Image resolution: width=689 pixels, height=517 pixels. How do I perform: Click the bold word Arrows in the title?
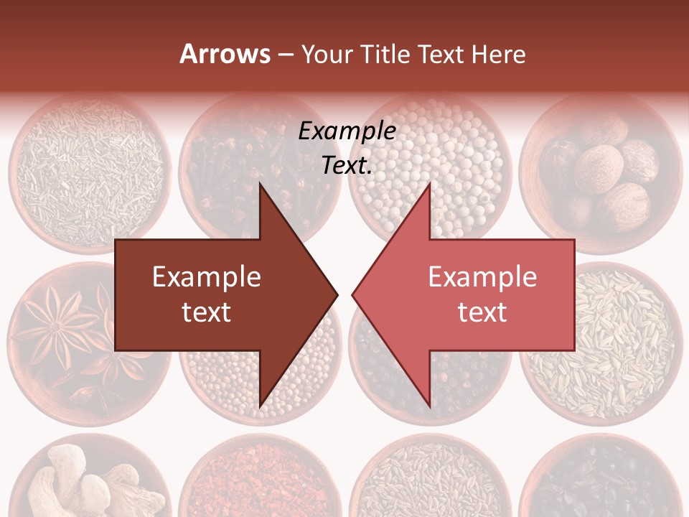coord(225,54)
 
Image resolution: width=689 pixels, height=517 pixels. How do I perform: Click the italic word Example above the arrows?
coord(347,131)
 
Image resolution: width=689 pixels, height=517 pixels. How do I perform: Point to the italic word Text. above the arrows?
coord(347,165)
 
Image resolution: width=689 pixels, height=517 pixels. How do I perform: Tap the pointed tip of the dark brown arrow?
coord(336,294)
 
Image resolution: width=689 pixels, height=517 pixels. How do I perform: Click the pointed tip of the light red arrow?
coord(353,294)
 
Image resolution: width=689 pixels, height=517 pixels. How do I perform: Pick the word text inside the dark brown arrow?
coord(207,312)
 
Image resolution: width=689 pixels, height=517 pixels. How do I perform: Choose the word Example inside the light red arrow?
coord(482,276)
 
